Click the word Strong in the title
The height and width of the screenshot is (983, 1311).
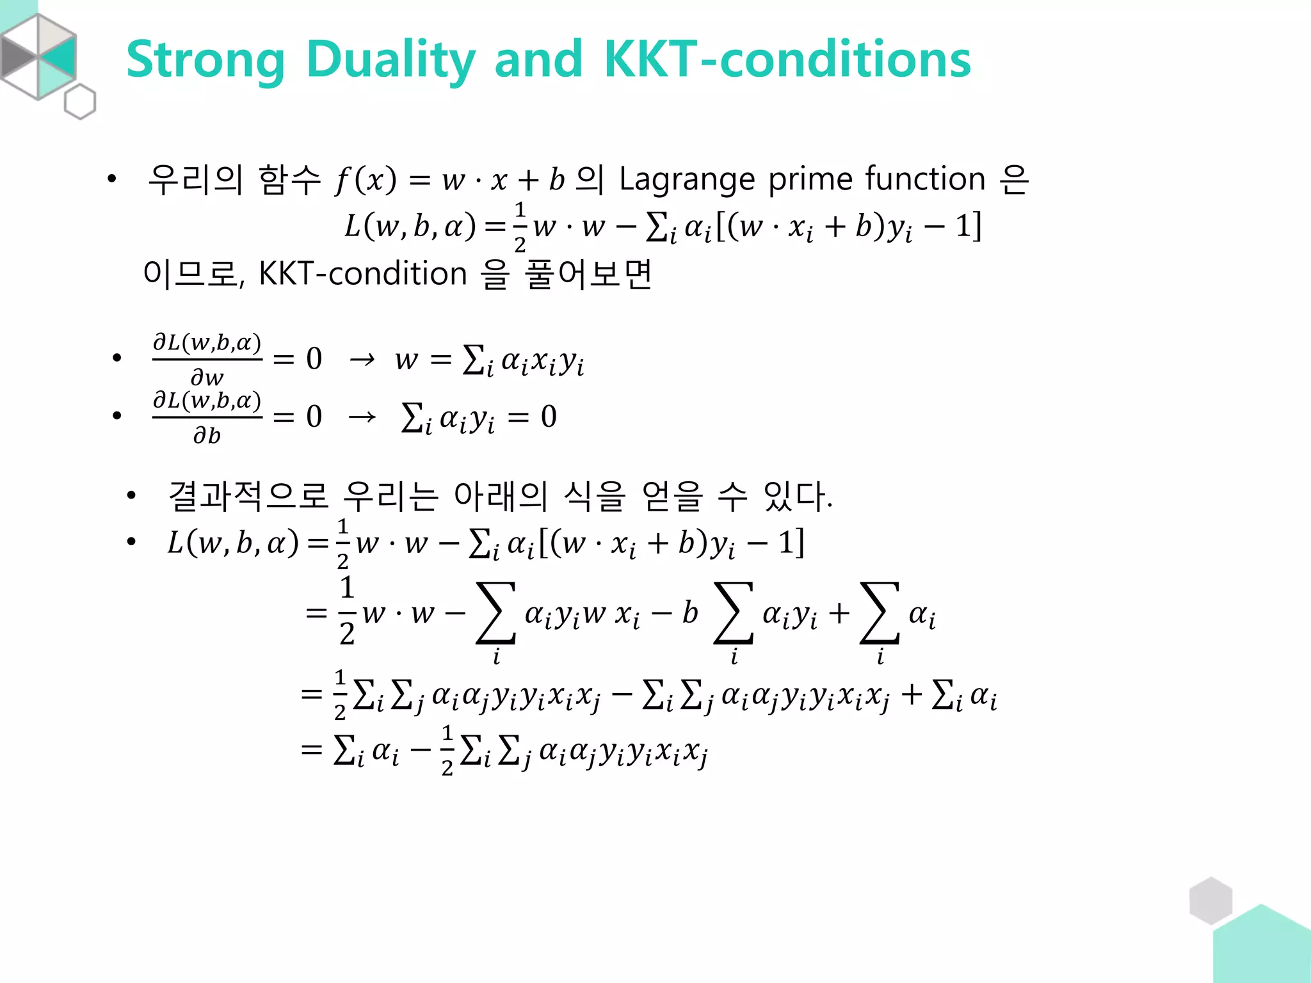[x=205, y=60]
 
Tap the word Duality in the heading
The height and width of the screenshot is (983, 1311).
[x=390, y=60]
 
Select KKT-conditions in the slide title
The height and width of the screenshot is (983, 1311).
[x=787, y=59]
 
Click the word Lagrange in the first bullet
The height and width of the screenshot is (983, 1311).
[x=687, y=179]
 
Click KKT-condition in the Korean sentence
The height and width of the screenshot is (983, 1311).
[x=362, y=274]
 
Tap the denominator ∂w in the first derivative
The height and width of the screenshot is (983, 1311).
[x=207, y=378]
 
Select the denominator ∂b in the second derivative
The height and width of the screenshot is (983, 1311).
[x=207, y=436]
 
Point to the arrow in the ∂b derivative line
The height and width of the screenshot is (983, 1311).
[x=362, y=417]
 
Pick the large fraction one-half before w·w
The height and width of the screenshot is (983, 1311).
[x=347, y=611]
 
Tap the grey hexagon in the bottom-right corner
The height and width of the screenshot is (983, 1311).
[x=1210, y=900]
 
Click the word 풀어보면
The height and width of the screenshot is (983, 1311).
[x=588, y=274]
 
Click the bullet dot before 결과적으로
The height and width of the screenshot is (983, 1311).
[x=131, y=495]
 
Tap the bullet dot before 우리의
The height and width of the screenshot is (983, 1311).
[x=112, y=179]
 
